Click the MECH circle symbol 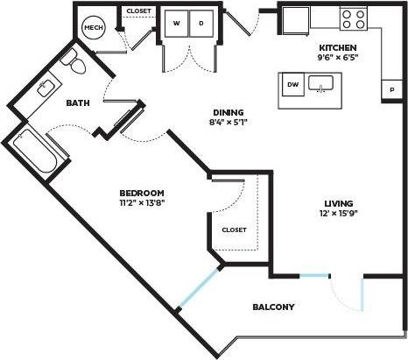tap(92, 29)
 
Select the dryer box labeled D tap(200, 24)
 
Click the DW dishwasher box tap(293, 85)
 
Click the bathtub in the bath tap(42, 153)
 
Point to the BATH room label tap(77, 103)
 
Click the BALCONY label tap(273, 307)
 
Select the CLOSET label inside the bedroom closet tap(234, 229)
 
